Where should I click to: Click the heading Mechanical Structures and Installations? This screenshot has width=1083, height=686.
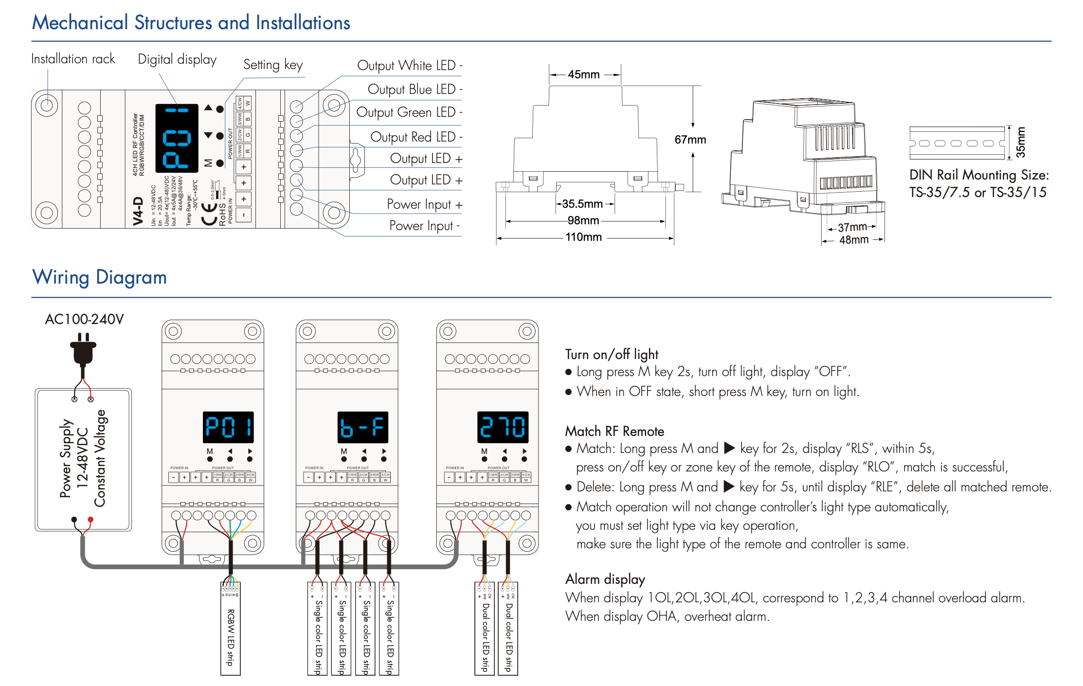pyautogui.click(x=191, y=23)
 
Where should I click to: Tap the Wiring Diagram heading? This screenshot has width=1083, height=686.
pyautogui.click(x=99, y=277)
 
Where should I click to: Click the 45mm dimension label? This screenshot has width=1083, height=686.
pyautogui.click(x=583, y=74)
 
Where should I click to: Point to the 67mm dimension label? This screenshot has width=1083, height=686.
pyautogui.click(x=690, y=140)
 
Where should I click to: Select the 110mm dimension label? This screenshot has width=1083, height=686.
pyautogui.click(x=583, y=237)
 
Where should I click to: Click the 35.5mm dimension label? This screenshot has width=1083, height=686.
pyautogui.click(x=582, y=204)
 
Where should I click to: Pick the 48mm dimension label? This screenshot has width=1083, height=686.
pyautogui.click(x=853, y=240)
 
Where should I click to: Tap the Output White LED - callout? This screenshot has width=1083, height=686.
pyautogui.click(x=409, y=66)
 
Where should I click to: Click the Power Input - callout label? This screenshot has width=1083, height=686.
pyautogui.click(x=424, y=226)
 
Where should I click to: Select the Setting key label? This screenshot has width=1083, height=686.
pyautogui.click(x=272, y=65)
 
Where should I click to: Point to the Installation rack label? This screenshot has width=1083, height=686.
pyautogui.click(x=73, y=59)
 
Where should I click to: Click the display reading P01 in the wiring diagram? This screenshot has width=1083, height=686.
pyautogui.click(x=228, y=427)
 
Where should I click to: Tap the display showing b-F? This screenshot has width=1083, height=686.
pyautogui.click(x=362, y=427)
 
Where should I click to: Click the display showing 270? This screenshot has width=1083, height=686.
pyautogui.click(x=503, y=427)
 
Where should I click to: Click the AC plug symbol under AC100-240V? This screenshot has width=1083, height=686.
pyautogui.click(x=83, y=349)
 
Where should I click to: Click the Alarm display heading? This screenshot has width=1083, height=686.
pyautogui.click(x=605, y=579)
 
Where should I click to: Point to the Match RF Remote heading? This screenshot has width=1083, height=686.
pyautogui.click(x=614, y=432)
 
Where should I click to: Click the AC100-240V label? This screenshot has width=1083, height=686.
pyautogui.click(x=84, y=319)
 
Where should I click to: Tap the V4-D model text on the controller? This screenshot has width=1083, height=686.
pyautogui.click(x=138, y=212)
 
